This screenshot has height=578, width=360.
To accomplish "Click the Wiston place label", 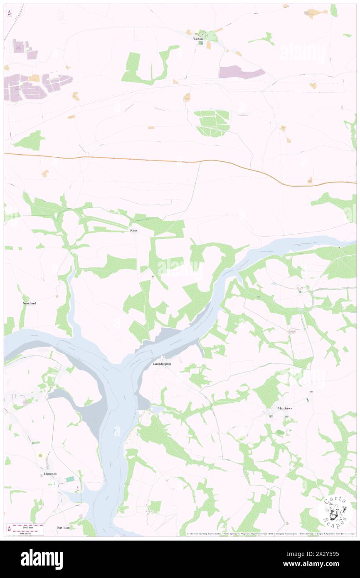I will click(x=198, y=39).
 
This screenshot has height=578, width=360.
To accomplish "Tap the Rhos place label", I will click(x=133, y=230).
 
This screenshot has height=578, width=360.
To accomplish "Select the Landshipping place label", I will click(x=162, y=364).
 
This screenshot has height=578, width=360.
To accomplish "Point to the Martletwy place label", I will click(x=285, y=408).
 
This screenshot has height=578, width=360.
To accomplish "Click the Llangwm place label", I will click(x=50, y=474).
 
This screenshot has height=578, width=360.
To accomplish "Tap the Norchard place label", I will click(x=30, y=303).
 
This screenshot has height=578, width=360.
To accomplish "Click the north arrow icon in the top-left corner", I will click(x=9, y=13).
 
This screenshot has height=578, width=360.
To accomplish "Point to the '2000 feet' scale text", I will click(x=28, y=526).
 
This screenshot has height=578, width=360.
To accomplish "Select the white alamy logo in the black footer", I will click(x=42, y=559).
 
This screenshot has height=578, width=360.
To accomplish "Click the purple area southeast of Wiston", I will click(x=241, y=72).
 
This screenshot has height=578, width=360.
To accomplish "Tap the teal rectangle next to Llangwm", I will click(x=70, y=479).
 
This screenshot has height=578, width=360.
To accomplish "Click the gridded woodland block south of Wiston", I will click(x=212, y=123).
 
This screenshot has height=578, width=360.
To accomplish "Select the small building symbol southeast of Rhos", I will click(x=153, y=277).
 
